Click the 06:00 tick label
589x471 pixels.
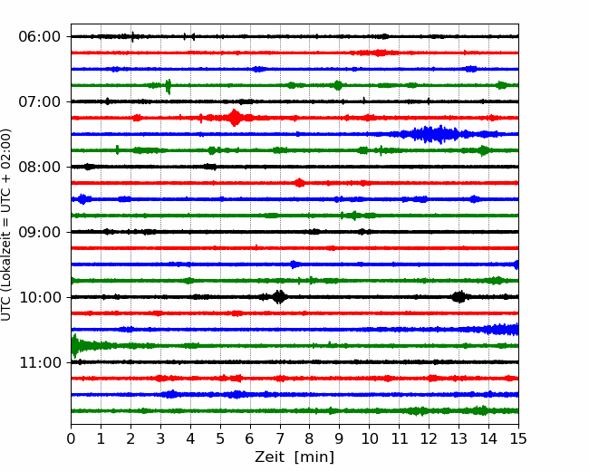(40, 37)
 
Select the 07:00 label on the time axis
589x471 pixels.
(40, 101)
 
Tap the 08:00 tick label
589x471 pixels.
(40, 167)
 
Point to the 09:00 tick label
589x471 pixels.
(40, 232)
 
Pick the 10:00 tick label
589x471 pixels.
(40, 297)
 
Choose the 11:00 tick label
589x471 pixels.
(40, 362)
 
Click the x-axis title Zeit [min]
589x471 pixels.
(294, 457)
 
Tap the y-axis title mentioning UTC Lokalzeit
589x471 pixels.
(5, 225)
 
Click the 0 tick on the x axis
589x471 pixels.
(71, 438)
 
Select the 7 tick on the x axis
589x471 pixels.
(280, 438)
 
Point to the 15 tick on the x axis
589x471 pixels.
(518, 438)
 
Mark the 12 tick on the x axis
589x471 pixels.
(429, 438)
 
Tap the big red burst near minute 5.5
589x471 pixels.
(235, 118)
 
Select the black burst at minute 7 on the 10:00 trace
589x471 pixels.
(279, 297)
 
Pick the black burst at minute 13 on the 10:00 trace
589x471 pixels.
(459, 297)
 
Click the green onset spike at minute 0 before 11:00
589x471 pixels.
(74, 346)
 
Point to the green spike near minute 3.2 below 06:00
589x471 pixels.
(169, 86)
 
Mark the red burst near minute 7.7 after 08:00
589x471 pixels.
(299, 183)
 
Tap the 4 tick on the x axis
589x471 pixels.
(190, 438)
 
